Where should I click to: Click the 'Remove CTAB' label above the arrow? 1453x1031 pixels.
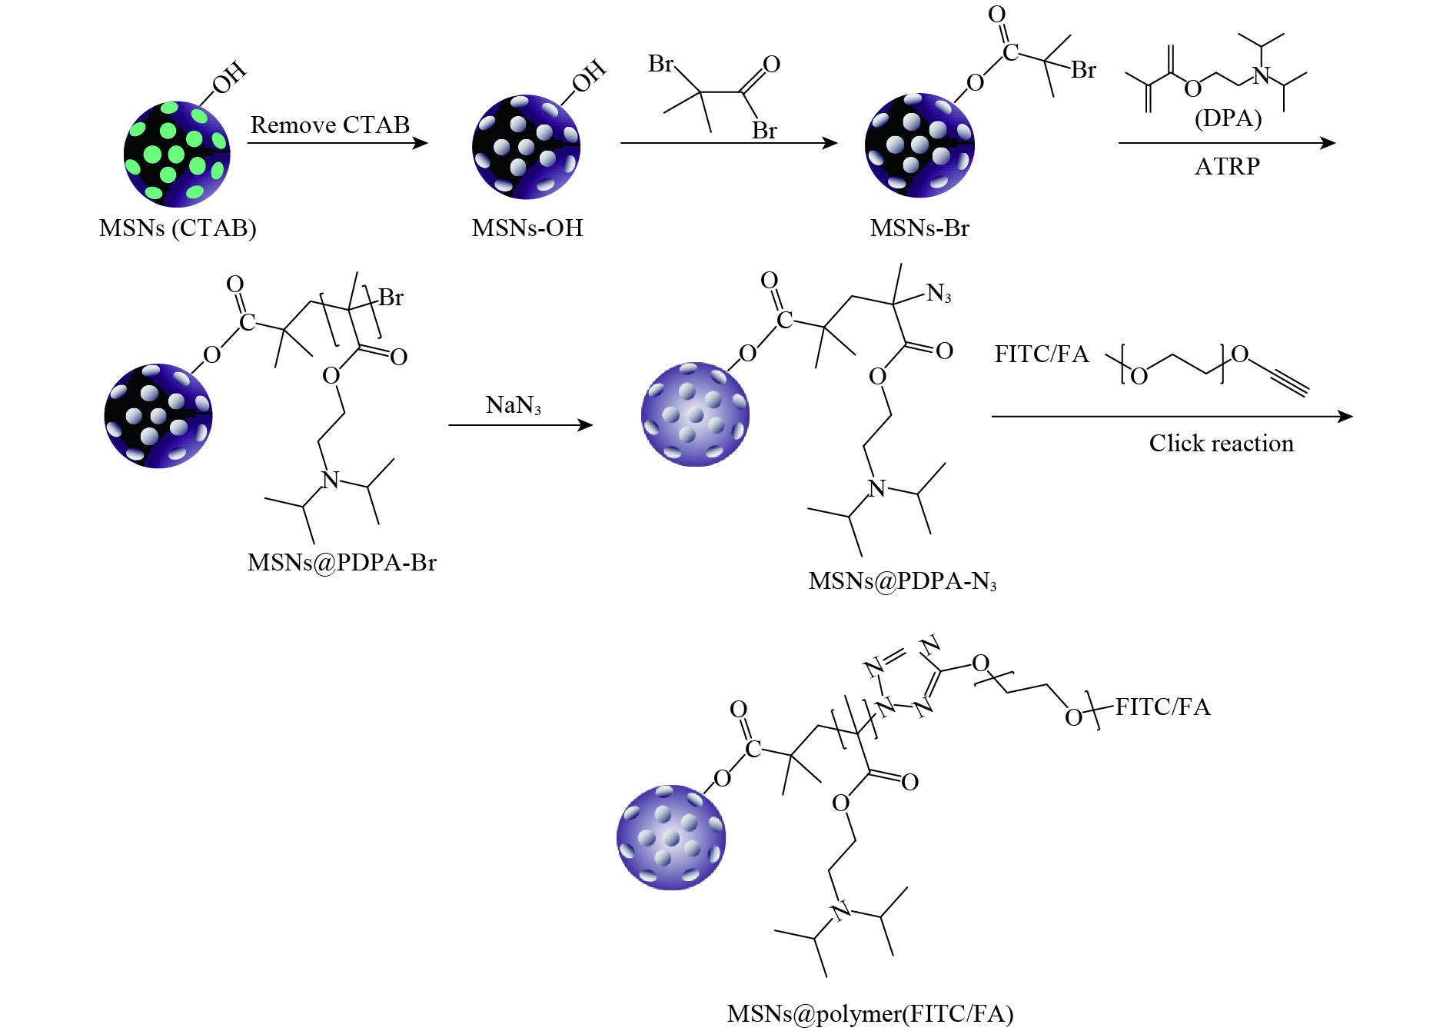330,125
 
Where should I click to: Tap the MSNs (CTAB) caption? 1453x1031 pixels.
178,228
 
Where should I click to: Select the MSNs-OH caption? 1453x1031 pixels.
527,228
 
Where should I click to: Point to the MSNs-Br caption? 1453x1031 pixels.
919,228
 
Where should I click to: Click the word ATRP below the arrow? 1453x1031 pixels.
1227,166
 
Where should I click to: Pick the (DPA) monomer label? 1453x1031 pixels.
1228,118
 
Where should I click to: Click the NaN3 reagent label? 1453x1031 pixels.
513,405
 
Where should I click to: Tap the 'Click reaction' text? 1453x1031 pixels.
1221,444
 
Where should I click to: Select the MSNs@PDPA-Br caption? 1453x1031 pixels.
341,563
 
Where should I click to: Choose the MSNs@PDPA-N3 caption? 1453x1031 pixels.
902,581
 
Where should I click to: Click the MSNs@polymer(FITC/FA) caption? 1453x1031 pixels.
869,1014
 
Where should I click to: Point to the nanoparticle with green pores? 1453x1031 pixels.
177,154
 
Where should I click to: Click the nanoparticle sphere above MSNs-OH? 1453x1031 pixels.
526,147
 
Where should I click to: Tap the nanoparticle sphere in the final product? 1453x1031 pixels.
670,837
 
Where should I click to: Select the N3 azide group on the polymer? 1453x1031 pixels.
939,293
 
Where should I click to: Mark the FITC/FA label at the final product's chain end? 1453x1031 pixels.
1162,707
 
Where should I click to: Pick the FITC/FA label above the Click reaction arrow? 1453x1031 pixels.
1041,354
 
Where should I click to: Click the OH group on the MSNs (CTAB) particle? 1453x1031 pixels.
229,78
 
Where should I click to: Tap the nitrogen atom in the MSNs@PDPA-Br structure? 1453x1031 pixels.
331,480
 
